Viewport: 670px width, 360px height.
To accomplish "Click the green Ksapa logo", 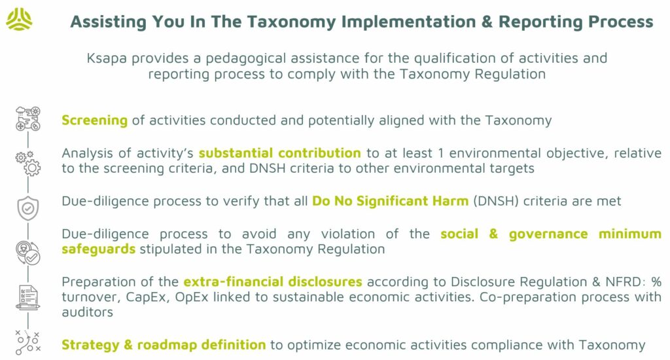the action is [x=19, y=20].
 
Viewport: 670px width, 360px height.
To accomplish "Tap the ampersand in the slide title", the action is [x=487, y=22].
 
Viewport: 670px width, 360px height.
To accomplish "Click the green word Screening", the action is [x=94, y=120].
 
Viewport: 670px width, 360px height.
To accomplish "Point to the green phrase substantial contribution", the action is [x=280, y=153].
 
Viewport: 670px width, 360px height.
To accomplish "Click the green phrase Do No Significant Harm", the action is [x=390, y=201].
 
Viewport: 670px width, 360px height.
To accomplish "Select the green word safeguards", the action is [x=98, y=249].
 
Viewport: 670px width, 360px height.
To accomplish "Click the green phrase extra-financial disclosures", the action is [x=273, y=281].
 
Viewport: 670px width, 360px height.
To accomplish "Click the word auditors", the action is [x=87, y=312].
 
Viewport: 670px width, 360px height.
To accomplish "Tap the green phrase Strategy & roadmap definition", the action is [x=164, y=345].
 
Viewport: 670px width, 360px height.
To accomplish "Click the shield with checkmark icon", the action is [x=27, y=208].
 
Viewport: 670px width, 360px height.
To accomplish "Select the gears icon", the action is [x=28, y=163].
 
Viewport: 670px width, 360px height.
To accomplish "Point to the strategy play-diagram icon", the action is [x=28, y=342].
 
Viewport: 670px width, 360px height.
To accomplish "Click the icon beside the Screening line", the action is [x=28, y=119].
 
